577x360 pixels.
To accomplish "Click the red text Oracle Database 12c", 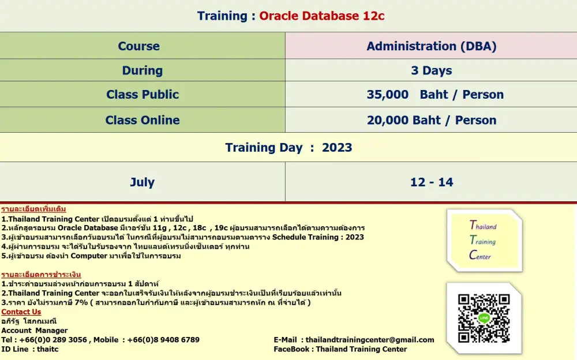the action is [x=321, y=16].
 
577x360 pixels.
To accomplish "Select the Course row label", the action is [x=138, y=46].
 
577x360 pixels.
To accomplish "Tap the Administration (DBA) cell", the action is [x=431, y=46].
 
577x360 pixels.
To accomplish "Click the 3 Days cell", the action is [x=431, y=70].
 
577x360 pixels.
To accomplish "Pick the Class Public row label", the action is [x=143, y=94].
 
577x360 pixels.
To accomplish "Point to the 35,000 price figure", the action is [x=388, y=95].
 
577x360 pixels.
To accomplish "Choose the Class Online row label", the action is [x=143, y=120].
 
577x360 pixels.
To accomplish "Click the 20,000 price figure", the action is [x=388, y=121].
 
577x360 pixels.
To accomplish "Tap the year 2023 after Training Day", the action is [x=337, y=148].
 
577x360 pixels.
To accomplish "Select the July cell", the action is [x=143, y=182].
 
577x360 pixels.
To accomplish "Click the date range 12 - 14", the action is [x=432, y=182].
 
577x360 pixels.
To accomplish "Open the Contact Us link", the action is [x=21, y=312].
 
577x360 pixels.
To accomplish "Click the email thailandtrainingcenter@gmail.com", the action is [x=370, y=340].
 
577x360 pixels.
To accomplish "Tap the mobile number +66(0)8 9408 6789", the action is [x=163, y=340].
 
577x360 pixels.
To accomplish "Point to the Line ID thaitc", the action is [x=47, y=349].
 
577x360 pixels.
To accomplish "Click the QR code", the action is [x=484, y=318].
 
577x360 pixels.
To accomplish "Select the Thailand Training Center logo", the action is [x=484, y=241].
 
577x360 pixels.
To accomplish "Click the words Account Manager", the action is [x=34, y=331].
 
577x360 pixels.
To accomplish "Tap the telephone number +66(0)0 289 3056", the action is [x=53, y=340].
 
